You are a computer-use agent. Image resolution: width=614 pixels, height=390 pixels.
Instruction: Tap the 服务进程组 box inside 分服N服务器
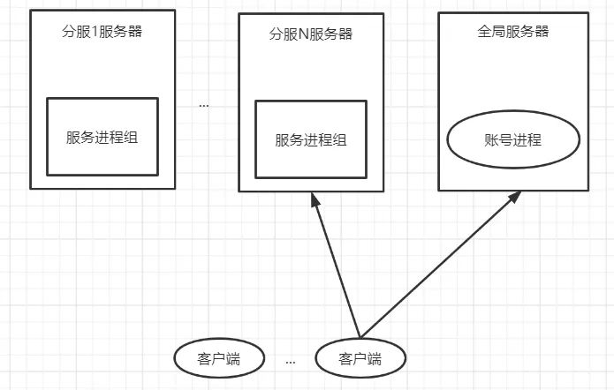(x=310, y=140)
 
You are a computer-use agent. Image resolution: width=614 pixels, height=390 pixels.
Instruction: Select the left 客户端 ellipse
(x=218, y=358)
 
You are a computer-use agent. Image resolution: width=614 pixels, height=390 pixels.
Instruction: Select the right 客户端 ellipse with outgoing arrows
(x=360, y=358)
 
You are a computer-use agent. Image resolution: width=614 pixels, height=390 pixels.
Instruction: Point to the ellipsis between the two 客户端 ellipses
(x=291, y=361)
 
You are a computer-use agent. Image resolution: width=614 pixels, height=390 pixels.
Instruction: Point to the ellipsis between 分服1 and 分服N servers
(x=204, y=106)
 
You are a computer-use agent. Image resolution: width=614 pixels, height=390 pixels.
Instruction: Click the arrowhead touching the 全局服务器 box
(x=515, y=199)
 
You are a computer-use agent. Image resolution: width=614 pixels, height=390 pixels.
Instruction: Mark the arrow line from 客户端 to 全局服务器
(x=437, y=267)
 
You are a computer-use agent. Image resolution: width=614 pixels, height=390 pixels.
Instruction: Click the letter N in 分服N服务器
(x=298, y=34)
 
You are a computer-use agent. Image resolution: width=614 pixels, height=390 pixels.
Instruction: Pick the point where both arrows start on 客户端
(x=360, y=338)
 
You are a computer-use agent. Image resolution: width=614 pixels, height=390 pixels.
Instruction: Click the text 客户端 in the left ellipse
(x=218, y=358)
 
